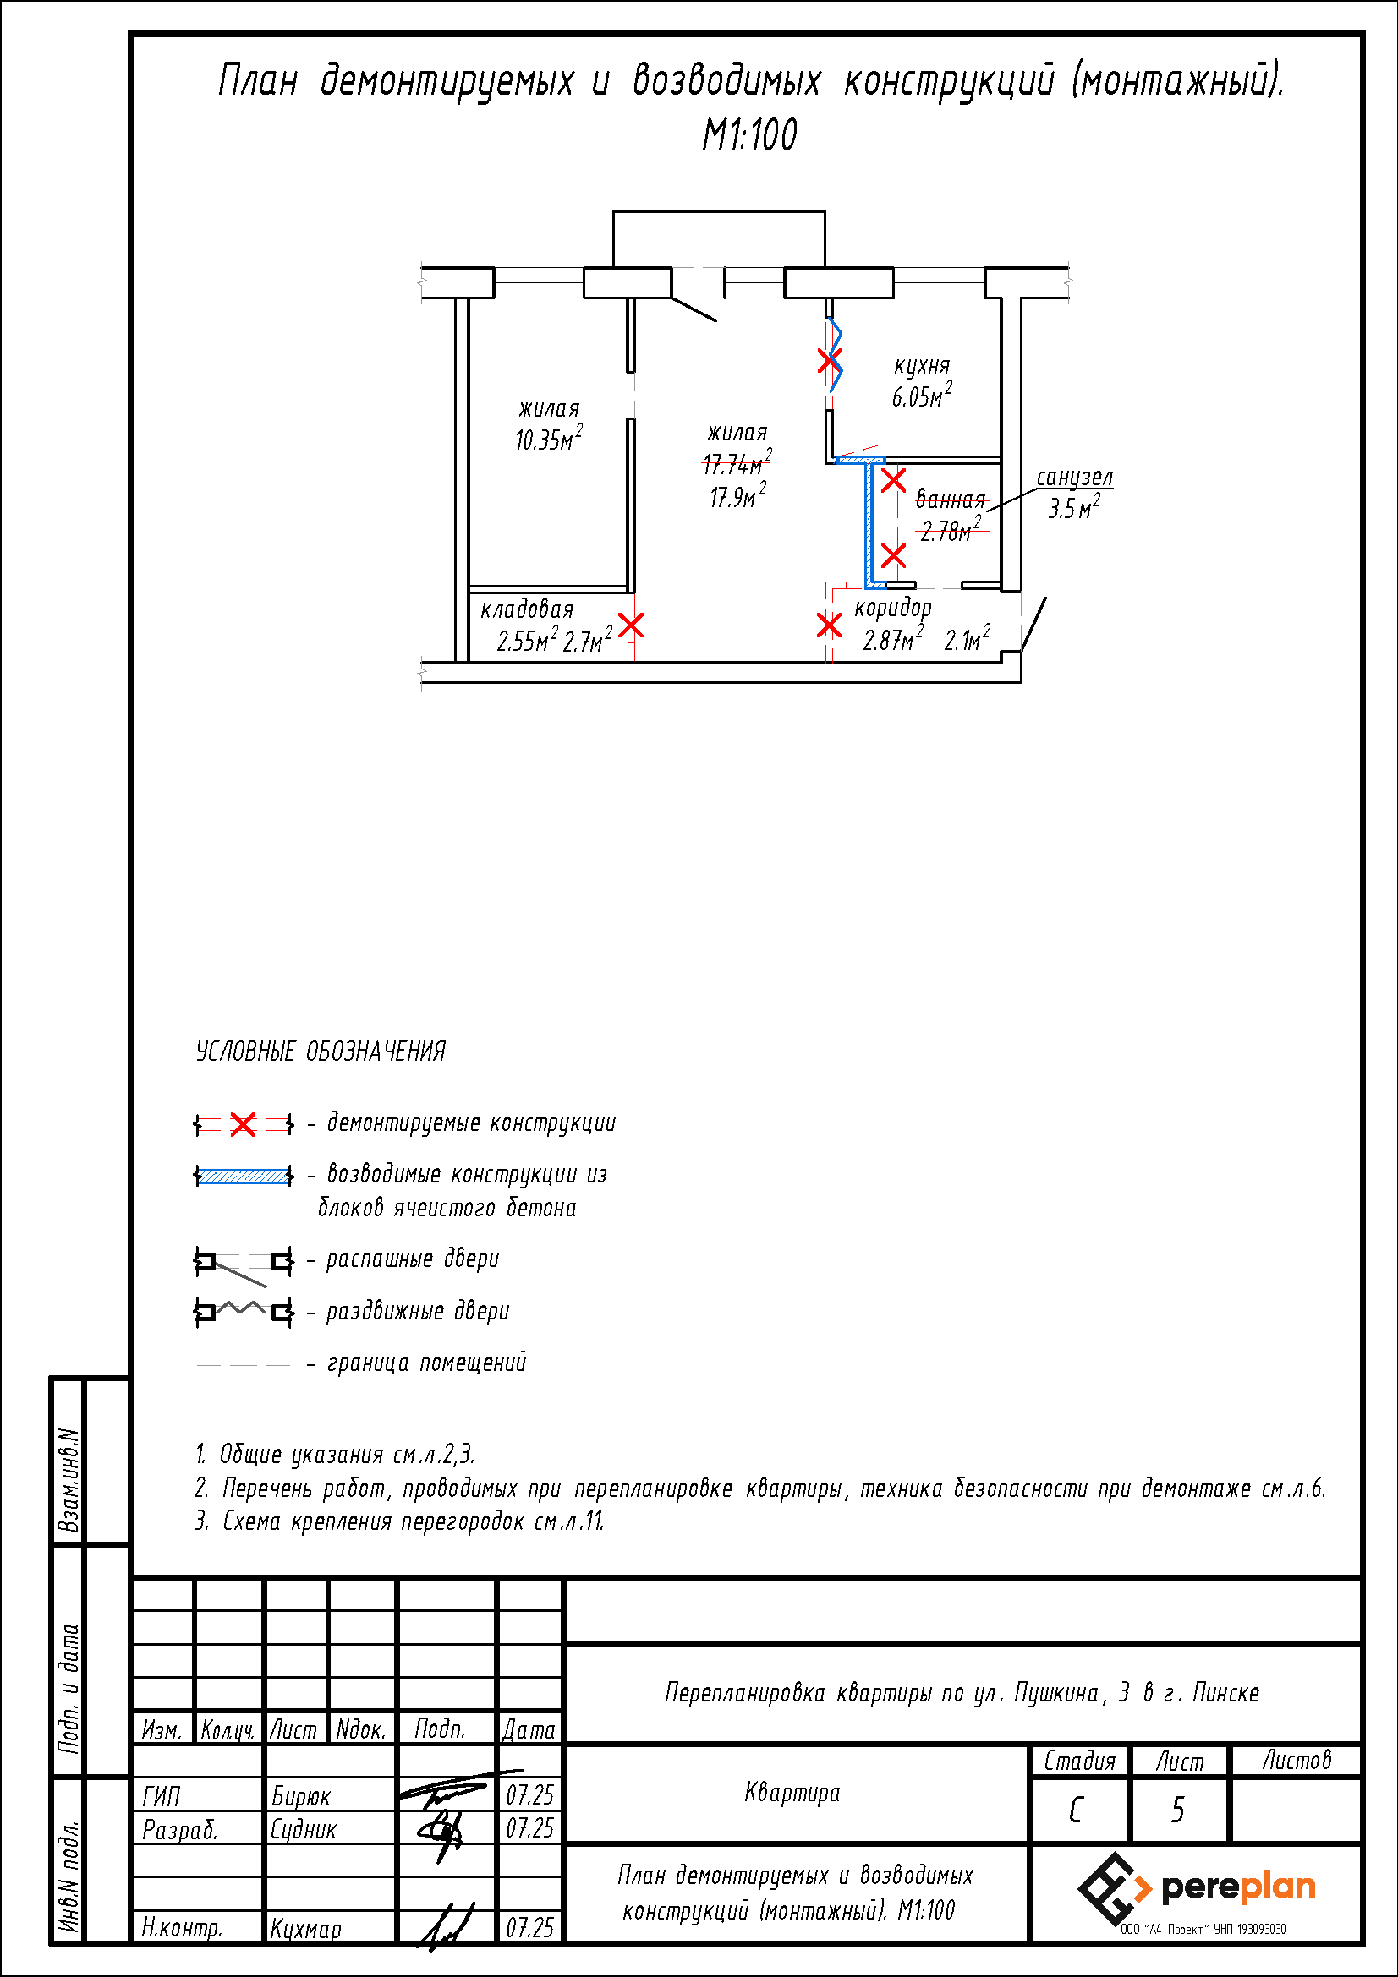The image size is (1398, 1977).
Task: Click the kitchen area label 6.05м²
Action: [922, 396]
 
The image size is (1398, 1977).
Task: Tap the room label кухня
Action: [922, 366]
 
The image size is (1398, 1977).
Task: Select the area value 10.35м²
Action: [549, 439]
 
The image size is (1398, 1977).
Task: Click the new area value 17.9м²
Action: [738, 496]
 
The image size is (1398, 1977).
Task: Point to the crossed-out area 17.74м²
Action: [737, 463]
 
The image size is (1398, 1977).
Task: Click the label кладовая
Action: [527, 609]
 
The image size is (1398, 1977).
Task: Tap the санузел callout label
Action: [1074, 477]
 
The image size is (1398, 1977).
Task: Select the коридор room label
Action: [893, 609]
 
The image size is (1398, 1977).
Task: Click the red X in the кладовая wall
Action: [632, 625]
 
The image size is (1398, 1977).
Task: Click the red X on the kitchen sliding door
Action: [830, 361]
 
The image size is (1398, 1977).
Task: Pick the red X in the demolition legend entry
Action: [244, 1124]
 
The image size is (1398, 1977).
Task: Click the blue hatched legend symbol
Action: [244, 1177]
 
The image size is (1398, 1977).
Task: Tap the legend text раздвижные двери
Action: [418, 1312]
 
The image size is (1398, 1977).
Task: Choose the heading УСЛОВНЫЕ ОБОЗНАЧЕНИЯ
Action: [321, 1051]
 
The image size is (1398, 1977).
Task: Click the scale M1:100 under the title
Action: [749, 135]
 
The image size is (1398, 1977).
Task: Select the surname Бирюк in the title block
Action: [300, 1796]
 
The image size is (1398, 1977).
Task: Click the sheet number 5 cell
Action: [1178, 1810]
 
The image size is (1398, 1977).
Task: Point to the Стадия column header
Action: [1079, 1761]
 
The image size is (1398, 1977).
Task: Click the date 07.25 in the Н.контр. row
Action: [529, 1928]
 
